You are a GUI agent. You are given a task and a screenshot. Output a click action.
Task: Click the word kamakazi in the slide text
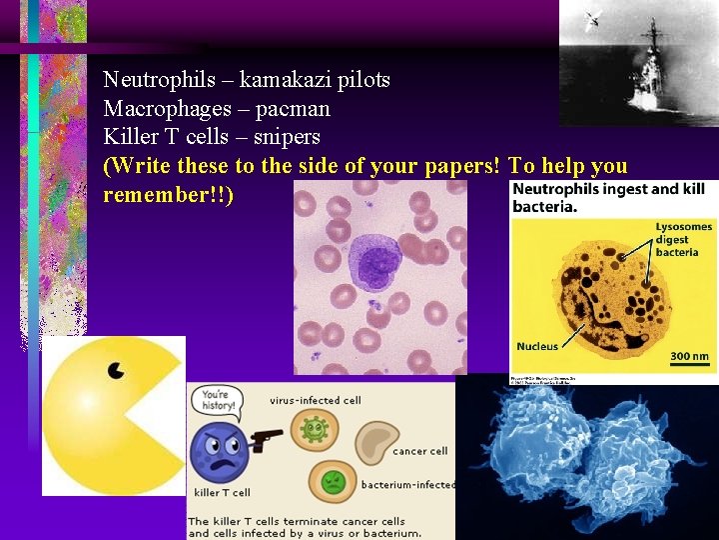click(281, 79)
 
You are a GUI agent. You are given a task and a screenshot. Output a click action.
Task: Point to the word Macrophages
click(164, 108)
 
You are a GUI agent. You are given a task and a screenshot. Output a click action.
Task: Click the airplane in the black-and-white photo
click(592, 17)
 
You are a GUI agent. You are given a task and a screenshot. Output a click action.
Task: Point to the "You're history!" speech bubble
click(219, 400)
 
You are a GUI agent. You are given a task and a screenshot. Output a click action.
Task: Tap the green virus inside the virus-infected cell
click(316, 430)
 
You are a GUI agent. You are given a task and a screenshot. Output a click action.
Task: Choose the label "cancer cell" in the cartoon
click(419, 451)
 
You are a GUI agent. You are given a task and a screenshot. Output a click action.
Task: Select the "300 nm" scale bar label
click(688, 356)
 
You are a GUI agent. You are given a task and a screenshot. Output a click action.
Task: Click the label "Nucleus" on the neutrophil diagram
click(537, 346)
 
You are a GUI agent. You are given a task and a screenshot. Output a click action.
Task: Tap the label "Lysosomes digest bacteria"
click(684, 240)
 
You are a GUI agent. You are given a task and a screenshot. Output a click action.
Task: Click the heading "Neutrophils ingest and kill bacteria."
click(608, 198)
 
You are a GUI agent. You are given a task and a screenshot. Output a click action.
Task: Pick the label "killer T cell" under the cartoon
click(221, 492)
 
